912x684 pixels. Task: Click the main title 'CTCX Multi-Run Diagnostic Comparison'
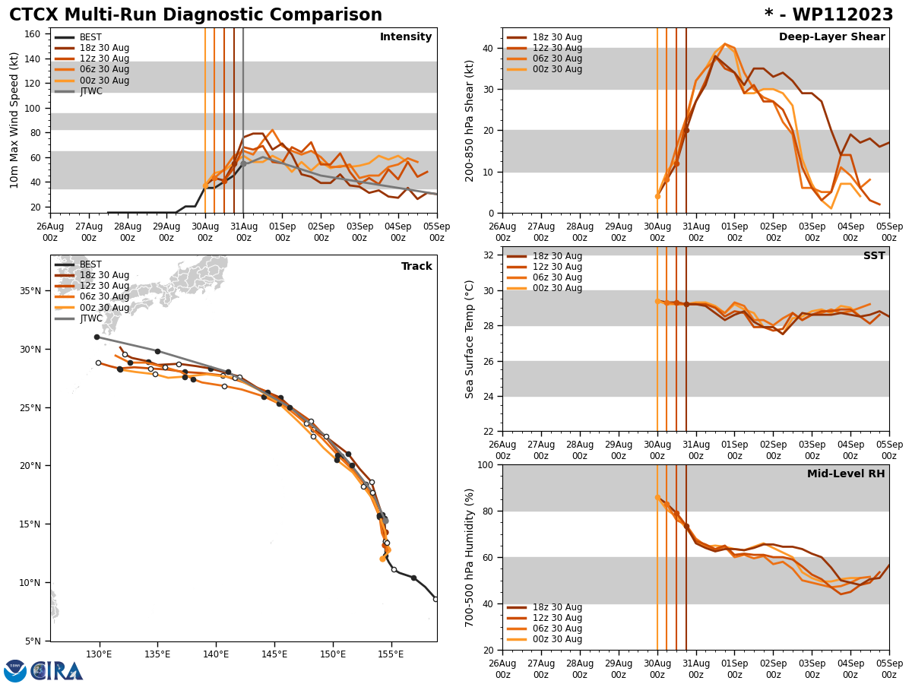coord(195,15)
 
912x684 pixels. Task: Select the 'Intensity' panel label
coord(405,37)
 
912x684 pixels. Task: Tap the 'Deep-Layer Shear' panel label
coord(831,37)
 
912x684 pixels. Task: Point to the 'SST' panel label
coord(873,256)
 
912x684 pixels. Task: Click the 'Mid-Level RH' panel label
coord(845,474)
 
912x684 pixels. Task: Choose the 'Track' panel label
coord(416,267)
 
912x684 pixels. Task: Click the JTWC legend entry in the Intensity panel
coord(90,91)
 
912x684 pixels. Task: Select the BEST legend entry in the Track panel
coord(90,264)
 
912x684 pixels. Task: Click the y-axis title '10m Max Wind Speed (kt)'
coord(14,120)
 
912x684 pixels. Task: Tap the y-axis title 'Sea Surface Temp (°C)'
coord(470,339)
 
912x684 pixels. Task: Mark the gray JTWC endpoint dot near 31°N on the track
coord(97,337)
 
